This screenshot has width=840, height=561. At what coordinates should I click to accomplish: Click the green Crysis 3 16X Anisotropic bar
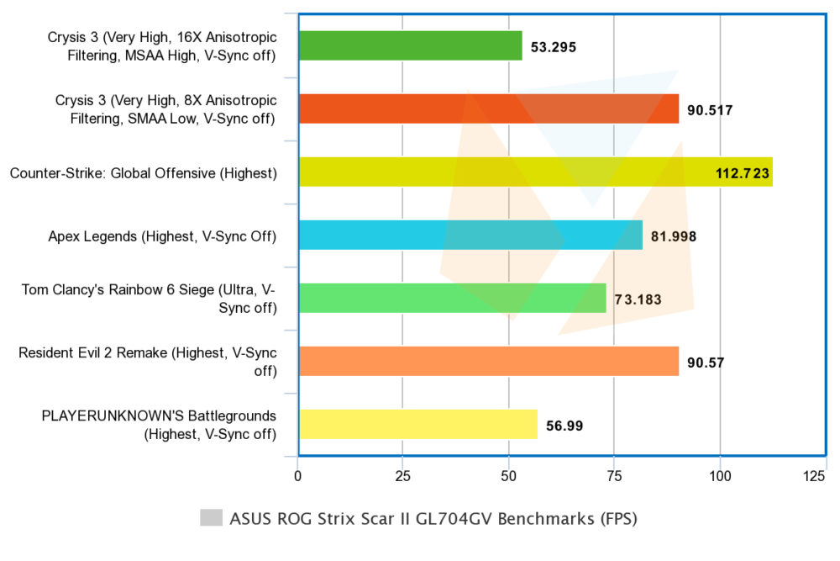click(411, 45)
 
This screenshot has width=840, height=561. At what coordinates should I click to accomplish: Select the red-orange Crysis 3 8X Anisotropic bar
click(489, 108)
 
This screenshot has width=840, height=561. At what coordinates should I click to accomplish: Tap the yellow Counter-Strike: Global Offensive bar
click(536, 172)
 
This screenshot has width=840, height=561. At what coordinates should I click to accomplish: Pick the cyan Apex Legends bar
click(471, 235)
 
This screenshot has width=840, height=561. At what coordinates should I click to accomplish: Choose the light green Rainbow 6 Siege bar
click(453, 299)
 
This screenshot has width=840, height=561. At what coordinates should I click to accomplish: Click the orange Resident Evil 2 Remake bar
click(489, 361)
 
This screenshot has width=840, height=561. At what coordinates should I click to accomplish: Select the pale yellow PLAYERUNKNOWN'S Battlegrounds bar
click(418, 424)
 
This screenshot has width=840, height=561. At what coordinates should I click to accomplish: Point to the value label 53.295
click(554, 47)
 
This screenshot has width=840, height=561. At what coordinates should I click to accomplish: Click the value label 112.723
click(743, 173)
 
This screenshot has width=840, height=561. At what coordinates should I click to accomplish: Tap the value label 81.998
click(674, 236)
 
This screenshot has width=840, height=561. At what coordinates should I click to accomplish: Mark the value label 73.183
click(638, 299)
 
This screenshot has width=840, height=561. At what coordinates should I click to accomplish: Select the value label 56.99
click(564, 426)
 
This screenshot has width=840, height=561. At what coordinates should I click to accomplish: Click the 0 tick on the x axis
click(298, 476)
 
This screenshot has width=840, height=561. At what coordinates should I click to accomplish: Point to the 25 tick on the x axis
click(403, 476)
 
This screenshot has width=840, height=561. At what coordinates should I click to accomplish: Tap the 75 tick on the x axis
click(614, 476)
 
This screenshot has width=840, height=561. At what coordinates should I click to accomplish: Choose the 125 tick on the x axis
click(814, 476)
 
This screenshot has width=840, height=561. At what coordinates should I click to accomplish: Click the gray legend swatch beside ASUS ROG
click(211, 517)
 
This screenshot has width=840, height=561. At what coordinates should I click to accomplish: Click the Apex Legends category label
click(162, 236)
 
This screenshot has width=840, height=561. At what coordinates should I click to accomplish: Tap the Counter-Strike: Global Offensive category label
click(144, 173)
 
